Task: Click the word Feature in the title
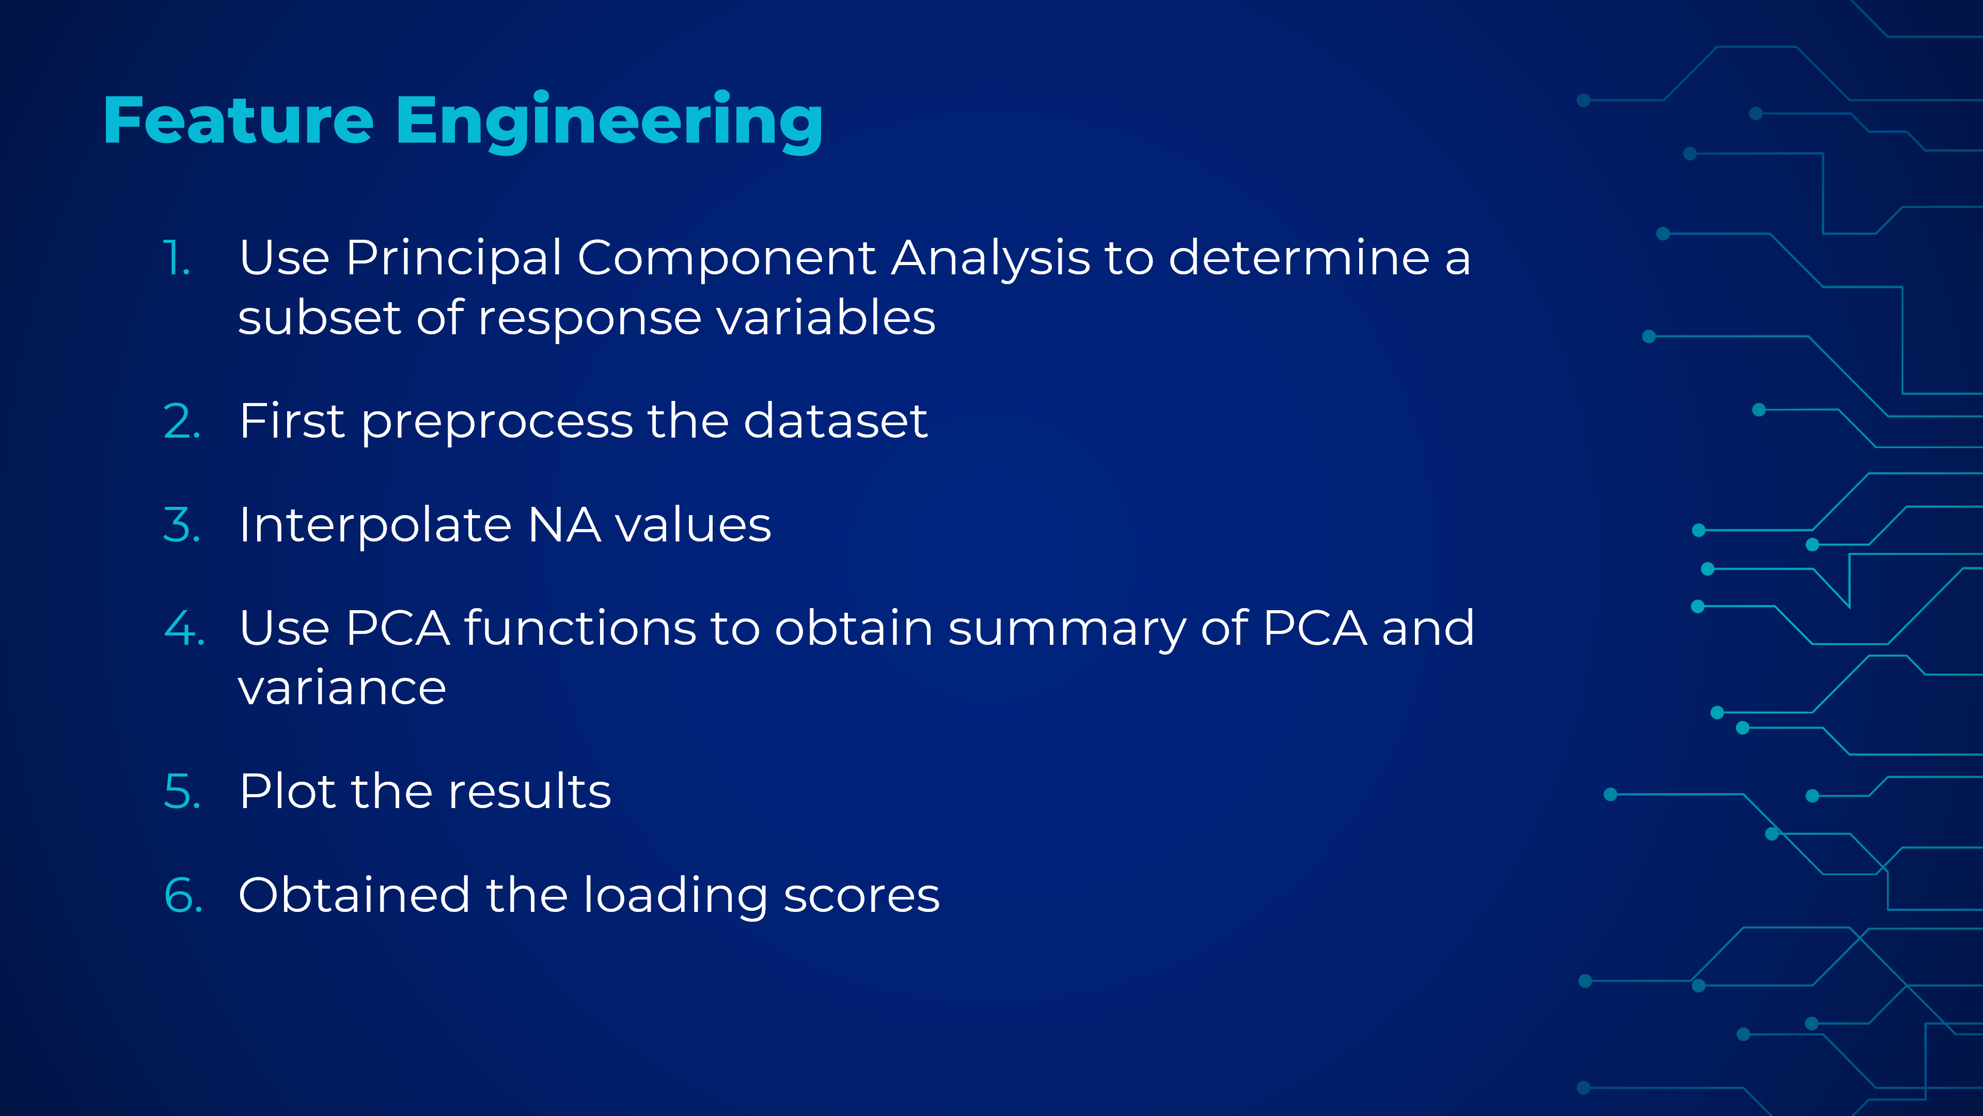pyautogui.click(x=239, y=120)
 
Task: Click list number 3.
pyautogui.click(x=182, y=525)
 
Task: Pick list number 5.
pyautogui.click(x=182, y=792)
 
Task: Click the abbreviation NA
pyautogui.click(x=564, y=525)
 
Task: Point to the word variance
pyautogui.click(x=342, y=689)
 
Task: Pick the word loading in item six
pyautogui.click(x=675, y=896)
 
